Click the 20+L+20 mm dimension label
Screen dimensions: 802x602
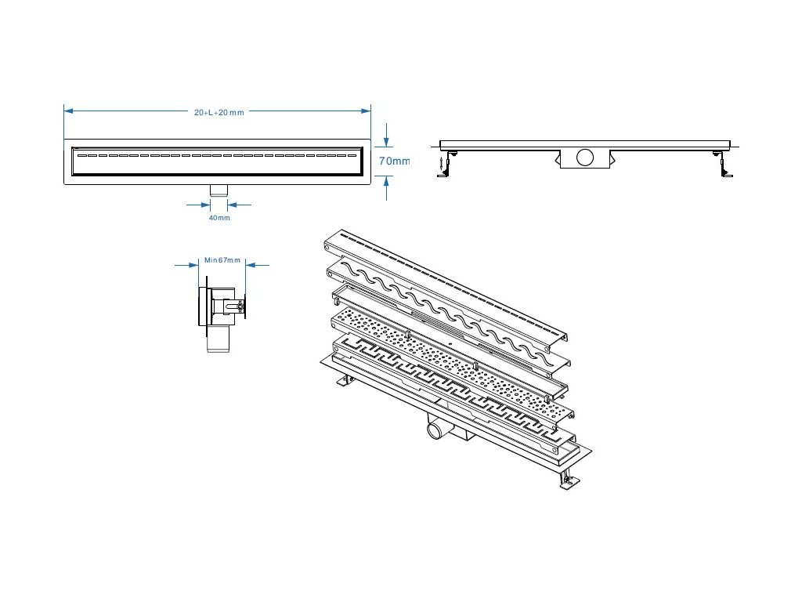point(219,113)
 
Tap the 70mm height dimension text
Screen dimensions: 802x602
point(394,161)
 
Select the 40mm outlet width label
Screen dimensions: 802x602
point(219,218)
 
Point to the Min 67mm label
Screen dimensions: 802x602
point(222,259)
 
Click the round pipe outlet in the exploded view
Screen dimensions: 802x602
point(435,431)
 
